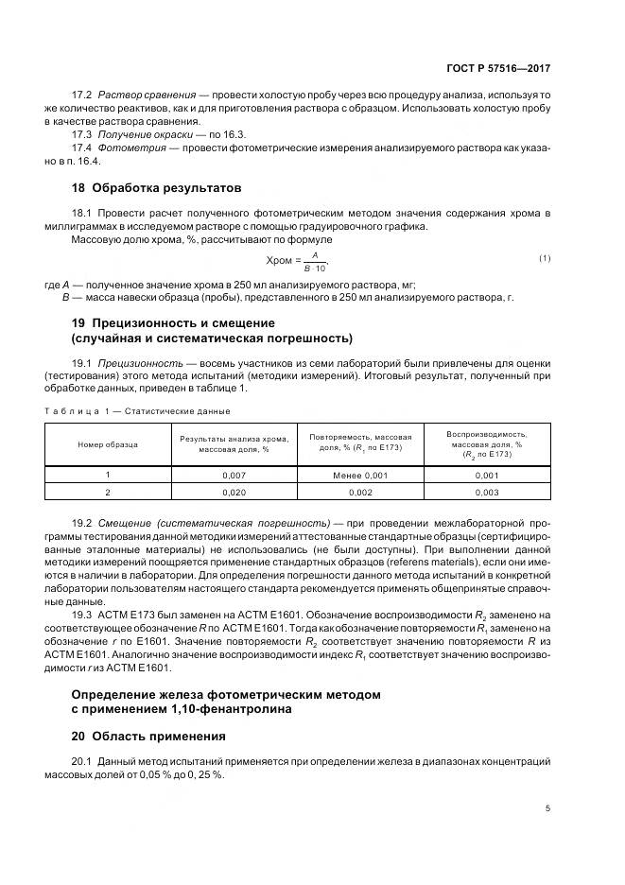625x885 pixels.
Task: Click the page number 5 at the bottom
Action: tap(547, 807)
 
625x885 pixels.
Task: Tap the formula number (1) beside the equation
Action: tap(545, 258)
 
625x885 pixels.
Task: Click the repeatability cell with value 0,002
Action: tap(360, 493)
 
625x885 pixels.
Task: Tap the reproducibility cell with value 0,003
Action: tap(488, 493)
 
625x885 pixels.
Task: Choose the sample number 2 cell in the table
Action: tap(108, 493)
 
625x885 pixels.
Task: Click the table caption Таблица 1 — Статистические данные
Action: tap(137, 411)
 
